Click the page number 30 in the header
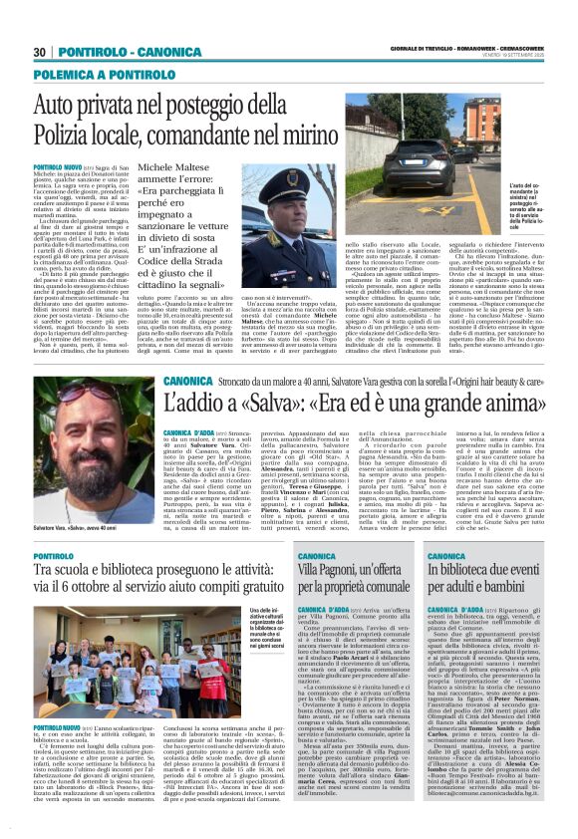click(40, 51)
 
